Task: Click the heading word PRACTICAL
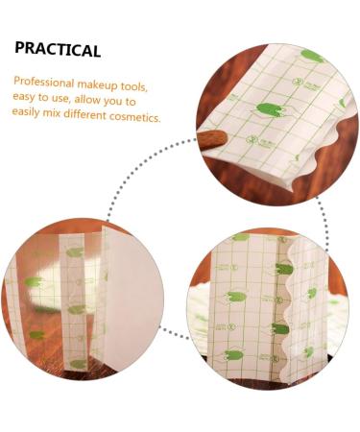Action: (x=58, y=50)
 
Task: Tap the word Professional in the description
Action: (x=44, y=84)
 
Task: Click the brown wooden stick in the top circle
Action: (x=213, y=140)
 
